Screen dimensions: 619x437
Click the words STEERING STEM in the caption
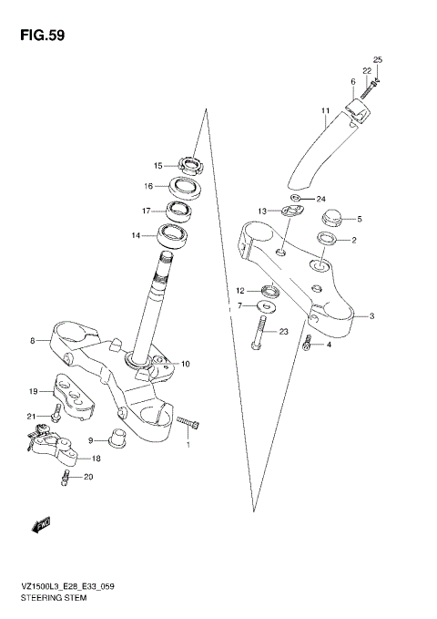(x=54, y=601)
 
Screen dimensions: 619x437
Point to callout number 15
(x=158, y=166)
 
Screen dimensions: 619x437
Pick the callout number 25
(x=378, y=60)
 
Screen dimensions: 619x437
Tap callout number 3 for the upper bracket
(x=371, y=316)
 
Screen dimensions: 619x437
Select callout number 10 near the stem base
(x=185, y=365)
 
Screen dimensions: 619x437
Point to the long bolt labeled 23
(x=259, y=332)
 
